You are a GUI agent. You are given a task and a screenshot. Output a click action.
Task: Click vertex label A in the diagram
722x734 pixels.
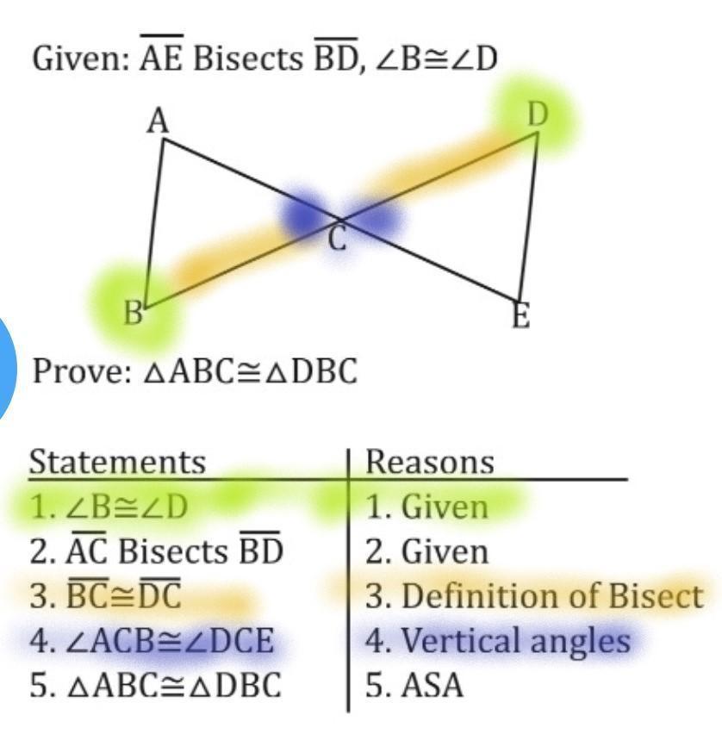[x=158, y=122]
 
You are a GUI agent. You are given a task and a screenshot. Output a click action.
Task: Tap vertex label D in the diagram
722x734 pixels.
[x=538, y=114]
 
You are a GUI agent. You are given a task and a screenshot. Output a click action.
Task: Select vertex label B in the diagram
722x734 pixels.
[x=132, y=314]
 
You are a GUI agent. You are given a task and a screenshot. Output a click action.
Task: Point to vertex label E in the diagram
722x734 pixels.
[x=520, y=316]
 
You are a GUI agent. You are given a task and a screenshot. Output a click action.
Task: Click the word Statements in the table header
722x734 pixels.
[x=118, y=462]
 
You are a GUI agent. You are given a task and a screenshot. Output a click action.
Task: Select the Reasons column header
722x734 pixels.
[x=430, y=462]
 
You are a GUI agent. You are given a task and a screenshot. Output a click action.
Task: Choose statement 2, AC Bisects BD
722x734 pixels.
[x=156, y=550]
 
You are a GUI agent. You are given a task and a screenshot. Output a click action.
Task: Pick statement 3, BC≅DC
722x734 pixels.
[x=105, y=596]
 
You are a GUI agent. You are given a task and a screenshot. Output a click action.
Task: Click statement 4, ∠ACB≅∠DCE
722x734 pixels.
[x=152, y=641]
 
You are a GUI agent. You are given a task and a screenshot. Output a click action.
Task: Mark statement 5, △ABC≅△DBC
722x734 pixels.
[x=155, y=686]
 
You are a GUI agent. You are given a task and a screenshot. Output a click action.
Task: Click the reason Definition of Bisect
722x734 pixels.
[x=534, y=596]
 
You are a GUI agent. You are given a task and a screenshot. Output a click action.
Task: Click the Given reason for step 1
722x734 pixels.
[x=426, y=507]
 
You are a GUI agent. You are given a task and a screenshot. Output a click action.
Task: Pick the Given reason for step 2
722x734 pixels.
[x=426, y=551]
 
